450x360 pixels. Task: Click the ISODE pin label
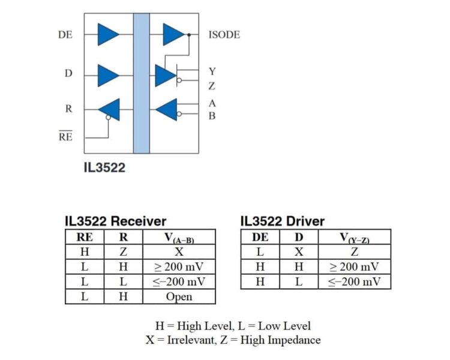click(x=224, y=35)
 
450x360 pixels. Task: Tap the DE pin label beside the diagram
click(x=65, y=35)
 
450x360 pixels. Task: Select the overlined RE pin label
click(x=65, y=136)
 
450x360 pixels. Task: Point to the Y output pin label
click(x=212, y=71)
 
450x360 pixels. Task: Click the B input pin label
click(x=212, y=116)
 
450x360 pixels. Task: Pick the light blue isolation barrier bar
click(x=142, y=83)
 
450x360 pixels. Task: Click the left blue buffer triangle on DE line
click(x=108, y=34)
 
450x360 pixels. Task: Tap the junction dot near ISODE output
click(x=189, y=35)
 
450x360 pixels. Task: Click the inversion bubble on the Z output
click(x=179, y=80)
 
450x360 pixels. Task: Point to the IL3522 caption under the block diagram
click(x=104, y=167)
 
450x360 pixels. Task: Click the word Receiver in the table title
click(x=139, y=221)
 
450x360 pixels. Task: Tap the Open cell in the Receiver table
click(x=179, y=296)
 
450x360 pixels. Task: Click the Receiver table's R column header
click(x=123, y=237)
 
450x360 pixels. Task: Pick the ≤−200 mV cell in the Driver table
click(x=355, y=281)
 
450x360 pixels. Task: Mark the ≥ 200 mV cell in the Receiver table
click(x=179, y=266)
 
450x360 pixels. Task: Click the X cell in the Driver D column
click(x=299, y=252)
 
